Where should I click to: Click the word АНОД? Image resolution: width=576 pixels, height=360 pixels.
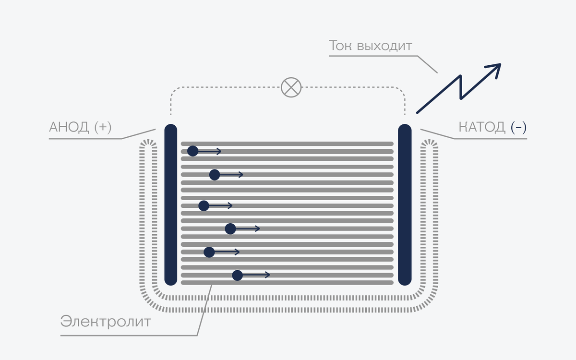69,127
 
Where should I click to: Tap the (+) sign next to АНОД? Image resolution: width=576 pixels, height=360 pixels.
103,127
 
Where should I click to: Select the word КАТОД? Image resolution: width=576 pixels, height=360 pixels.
481,127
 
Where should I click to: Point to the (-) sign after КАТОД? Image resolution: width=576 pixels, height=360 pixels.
519,127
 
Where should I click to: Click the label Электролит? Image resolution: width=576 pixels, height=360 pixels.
105,321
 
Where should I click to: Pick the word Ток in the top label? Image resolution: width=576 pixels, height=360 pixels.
341,46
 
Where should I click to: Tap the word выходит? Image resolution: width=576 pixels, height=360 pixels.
384,46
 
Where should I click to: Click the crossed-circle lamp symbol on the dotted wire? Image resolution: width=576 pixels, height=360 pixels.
291,87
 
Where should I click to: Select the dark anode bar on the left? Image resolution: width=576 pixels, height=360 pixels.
171,204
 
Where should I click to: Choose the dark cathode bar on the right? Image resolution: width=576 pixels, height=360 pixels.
405,204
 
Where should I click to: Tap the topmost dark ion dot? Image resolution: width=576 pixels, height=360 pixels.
192,151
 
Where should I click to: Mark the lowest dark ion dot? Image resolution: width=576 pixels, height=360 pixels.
237,275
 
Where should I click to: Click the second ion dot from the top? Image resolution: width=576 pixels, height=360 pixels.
215,175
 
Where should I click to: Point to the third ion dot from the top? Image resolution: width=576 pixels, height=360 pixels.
204,206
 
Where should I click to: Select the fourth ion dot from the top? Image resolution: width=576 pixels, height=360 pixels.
230,229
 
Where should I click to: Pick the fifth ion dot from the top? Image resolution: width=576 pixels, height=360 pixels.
209,252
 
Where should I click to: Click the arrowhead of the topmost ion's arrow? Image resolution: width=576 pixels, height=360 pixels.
219,151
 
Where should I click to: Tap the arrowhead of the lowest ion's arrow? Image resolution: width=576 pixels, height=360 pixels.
268,275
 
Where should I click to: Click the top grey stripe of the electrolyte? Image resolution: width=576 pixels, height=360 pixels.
287,144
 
